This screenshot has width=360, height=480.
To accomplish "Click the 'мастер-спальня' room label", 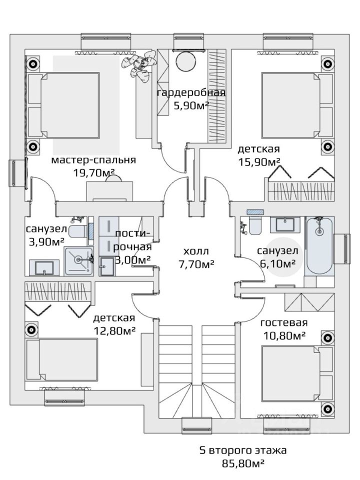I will tap(93, 160).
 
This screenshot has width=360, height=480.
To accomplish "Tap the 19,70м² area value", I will tap(94, 173).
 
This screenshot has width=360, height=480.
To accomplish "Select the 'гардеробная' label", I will tap(191, 93).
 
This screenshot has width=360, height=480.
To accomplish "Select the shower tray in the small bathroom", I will tap(78, 259).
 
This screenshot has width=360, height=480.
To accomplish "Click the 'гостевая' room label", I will tap(284, 322).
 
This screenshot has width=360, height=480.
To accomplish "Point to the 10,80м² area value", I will tap(283, 335).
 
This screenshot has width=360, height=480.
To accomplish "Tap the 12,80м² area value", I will tap(115, 330).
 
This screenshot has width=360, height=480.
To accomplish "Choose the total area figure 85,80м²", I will tap(243, 463).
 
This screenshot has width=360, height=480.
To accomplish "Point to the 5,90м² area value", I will tap(191, 105).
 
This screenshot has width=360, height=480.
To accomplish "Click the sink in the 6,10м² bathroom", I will tap(285, 224).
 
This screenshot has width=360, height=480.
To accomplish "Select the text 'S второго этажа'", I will tap(243, 450).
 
